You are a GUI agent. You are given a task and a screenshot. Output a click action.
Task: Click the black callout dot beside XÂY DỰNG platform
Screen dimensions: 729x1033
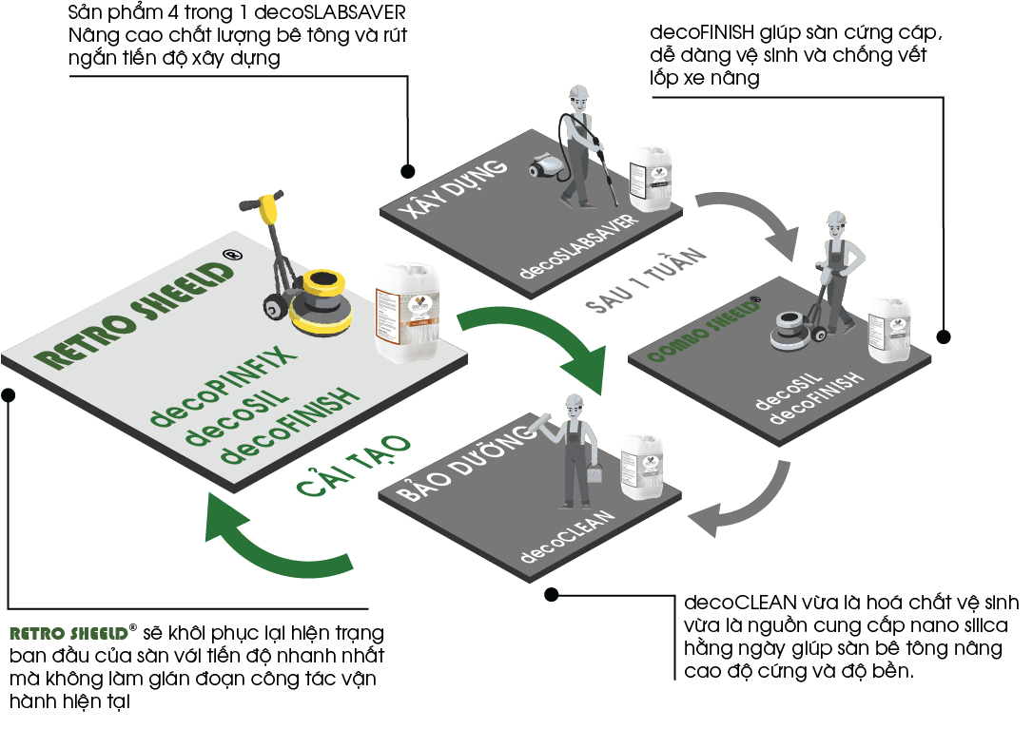point(407,171)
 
